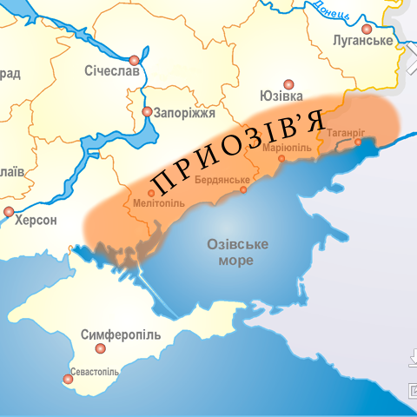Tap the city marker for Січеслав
[134, 60]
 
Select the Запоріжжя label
[185, 112]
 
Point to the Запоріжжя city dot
[147, 112]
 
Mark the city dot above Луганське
[367, 29]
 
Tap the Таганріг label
[345, 132]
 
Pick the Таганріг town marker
[358, 142]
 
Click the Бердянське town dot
[244, 189]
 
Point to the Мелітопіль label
[159, 203]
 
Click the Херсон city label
[36, 221]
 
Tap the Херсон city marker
[9, 211]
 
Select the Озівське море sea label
[236, 252]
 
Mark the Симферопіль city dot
[101, 347]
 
